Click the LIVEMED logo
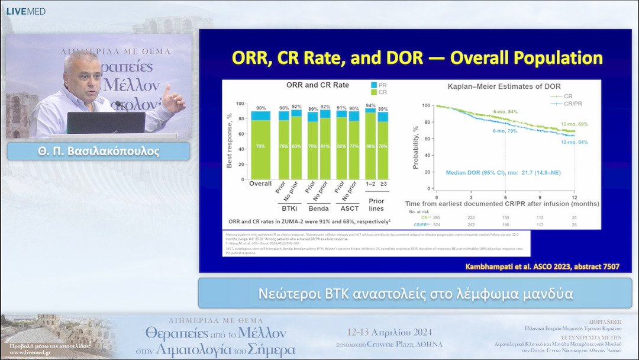click(x=25, y=11)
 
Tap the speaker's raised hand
click(x=174, y=99)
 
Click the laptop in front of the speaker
click(x=106, y=123)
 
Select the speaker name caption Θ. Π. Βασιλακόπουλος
click(x=98, y=151)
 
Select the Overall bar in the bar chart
click(x=260, y=146)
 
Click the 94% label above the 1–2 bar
click(x=370, y=105)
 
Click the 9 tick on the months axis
click(x=540, y=196)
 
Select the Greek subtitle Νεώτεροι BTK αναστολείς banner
click(x=415, y=294)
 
